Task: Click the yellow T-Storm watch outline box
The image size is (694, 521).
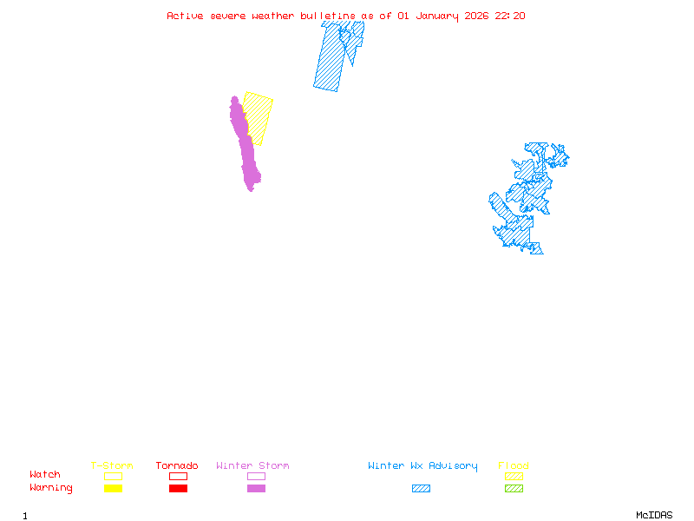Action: click(x=113, y=476)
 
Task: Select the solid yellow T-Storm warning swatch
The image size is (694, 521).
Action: click(x=113, y=488)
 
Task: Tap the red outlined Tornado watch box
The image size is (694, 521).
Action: click(x=178, y=476)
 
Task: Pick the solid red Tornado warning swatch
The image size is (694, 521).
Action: click(x=178, y=488)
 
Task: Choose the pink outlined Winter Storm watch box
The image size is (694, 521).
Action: click(x=256, y=476)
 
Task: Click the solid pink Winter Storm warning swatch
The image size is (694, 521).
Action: click(x=256, y=488)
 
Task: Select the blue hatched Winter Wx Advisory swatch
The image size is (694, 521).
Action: click(x=421, y=488)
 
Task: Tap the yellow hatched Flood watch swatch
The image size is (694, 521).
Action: click(x=514, y=476)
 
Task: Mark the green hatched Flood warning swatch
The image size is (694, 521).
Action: click(x=514, y=488)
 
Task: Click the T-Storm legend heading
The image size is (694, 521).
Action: click(x=112, y=465)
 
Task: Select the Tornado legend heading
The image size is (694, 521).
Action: click(x=177, y=465)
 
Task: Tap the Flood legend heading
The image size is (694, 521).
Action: click(x=514, y=465)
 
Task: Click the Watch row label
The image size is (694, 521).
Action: click(x=45, y=475)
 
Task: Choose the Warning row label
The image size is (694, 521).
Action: click(x=51, y=488)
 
